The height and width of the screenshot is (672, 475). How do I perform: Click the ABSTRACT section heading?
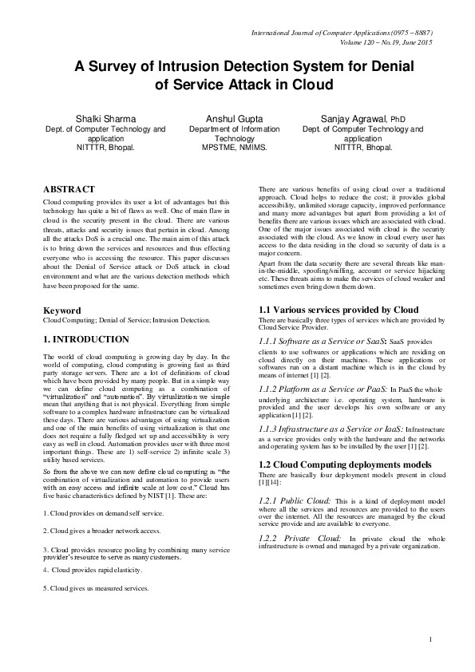69,190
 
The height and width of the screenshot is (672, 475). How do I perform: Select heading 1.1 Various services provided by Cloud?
338,309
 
